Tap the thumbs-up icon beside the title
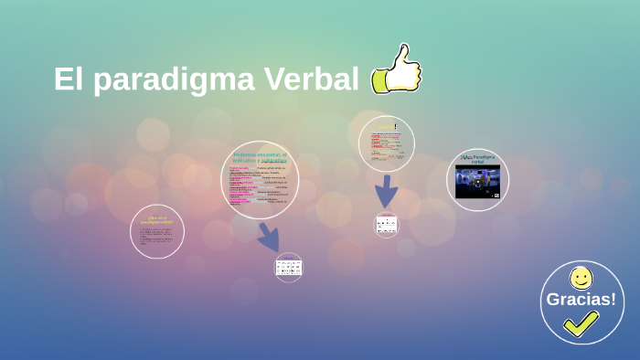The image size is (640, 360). (396, 70)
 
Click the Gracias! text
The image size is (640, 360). (581, 299)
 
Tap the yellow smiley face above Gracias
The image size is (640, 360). (581, 278)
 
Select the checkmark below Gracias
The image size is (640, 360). (581, 323)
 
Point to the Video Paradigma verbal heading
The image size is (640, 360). (477, 159)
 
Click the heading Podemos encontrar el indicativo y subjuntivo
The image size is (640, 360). (260, 157)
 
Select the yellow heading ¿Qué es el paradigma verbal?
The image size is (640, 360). (156, 220)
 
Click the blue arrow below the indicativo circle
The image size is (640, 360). (269, 237)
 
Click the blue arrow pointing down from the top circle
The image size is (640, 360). (387, 191)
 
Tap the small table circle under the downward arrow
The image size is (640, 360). (387, 224)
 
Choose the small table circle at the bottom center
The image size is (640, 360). (289, 268)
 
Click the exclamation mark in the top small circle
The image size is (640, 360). (395, 126)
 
